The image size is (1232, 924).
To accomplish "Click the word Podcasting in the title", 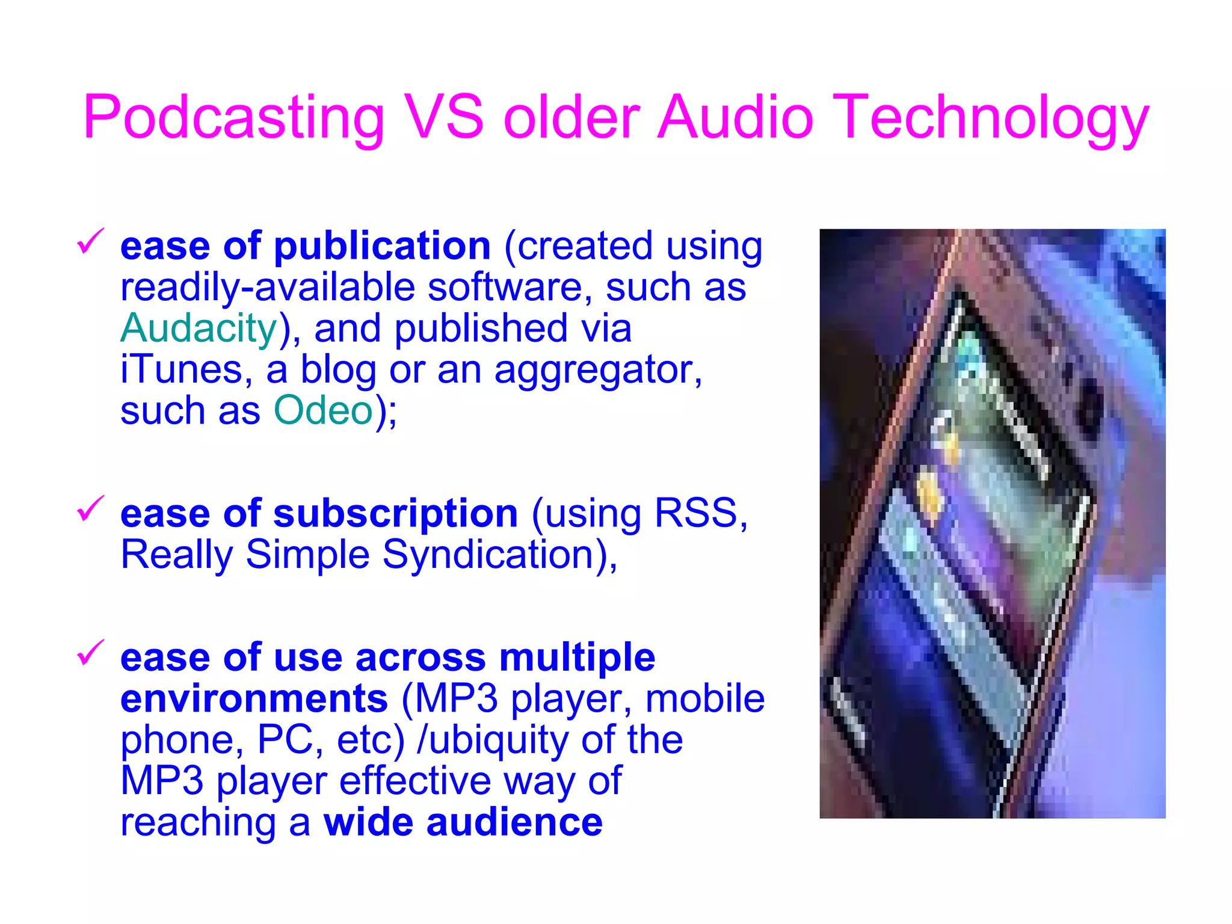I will tap(233, 118).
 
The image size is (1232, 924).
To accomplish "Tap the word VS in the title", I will tap(444, 117).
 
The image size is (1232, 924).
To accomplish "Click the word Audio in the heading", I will tap(735, 117).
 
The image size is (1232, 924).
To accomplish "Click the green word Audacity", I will tap(199, 329).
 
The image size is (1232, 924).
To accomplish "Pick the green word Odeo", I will tap(324, 411).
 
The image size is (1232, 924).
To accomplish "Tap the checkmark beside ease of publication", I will tap(90, 242).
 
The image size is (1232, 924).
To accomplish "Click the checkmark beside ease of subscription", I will tap(90, 509).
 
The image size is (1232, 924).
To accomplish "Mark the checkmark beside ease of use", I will tap(90, 653).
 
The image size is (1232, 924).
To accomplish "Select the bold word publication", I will tap(383, 247).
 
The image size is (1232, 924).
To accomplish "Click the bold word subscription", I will tap(396, 514).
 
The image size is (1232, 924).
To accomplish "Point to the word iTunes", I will tap(180, 369).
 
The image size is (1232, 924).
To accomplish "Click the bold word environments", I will tap(254, 699).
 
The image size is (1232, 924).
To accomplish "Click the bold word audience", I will tap(514, 822).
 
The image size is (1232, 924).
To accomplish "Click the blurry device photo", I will tap(992, 523).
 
